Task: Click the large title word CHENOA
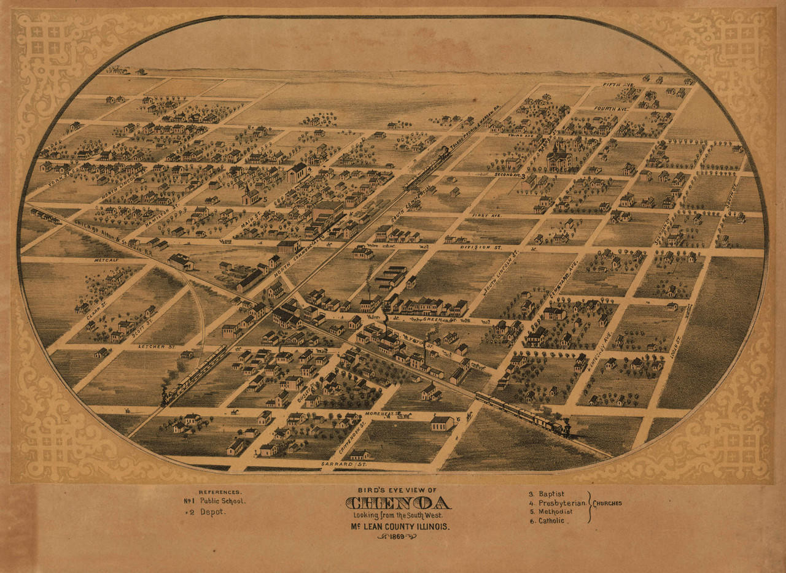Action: coord(398,504)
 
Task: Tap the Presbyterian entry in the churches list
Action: coord(561,502)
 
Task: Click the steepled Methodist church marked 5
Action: coord(249,195)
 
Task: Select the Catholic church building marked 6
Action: coord(442,423)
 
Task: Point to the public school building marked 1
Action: coord(559,158)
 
